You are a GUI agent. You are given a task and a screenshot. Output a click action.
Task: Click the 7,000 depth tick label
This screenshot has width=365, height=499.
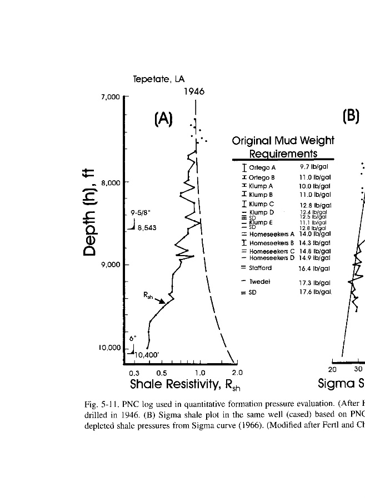pyautogui.click(x=111, y=97)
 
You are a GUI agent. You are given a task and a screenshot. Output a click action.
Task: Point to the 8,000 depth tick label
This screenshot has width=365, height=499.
pyautogui.click(x=111, y=182)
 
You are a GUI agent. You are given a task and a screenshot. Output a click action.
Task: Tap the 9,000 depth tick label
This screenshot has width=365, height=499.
pyautogui.click(x=111, y=264)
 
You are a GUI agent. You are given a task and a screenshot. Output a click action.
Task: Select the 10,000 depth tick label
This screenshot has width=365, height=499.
pyautogui.click(x=109, y=348)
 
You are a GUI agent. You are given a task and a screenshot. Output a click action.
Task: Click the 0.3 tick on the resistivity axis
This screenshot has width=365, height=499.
pyautogui.click(x=134, y=373)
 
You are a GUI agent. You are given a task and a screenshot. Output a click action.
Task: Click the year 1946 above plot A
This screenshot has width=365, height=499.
pyautogui.click(x=194, y=91)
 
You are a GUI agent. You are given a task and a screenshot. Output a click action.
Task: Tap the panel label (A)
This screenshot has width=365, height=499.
pyautogui.click(x=164, y=118)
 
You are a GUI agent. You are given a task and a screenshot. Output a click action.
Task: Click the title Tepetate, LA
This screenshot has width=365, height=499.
pyautogui.click(x=158, y=79)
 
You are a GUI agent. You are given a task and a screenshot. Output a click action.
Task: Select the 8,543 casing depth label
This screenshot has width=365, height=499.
pyautogui.click(x=147, y=227)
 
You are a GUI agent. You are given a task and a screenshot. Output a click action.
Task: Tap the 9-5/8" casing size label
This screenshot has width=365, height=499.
pyautogui.click(x=141, y=212)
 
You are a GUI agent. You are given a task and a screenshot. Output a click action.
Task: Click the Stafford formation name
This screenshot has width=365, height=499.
pyautogui.click(x=261, y=268)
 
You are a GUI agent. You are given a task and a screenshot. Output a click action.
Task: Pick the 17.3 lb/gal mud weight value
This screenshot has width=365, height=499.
pyautogui.click(x=314, y=282)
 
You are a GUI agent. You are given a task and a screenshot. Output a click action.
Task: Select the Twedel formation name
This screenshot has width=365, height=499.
pyautogui.click(x=259, y=282)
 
